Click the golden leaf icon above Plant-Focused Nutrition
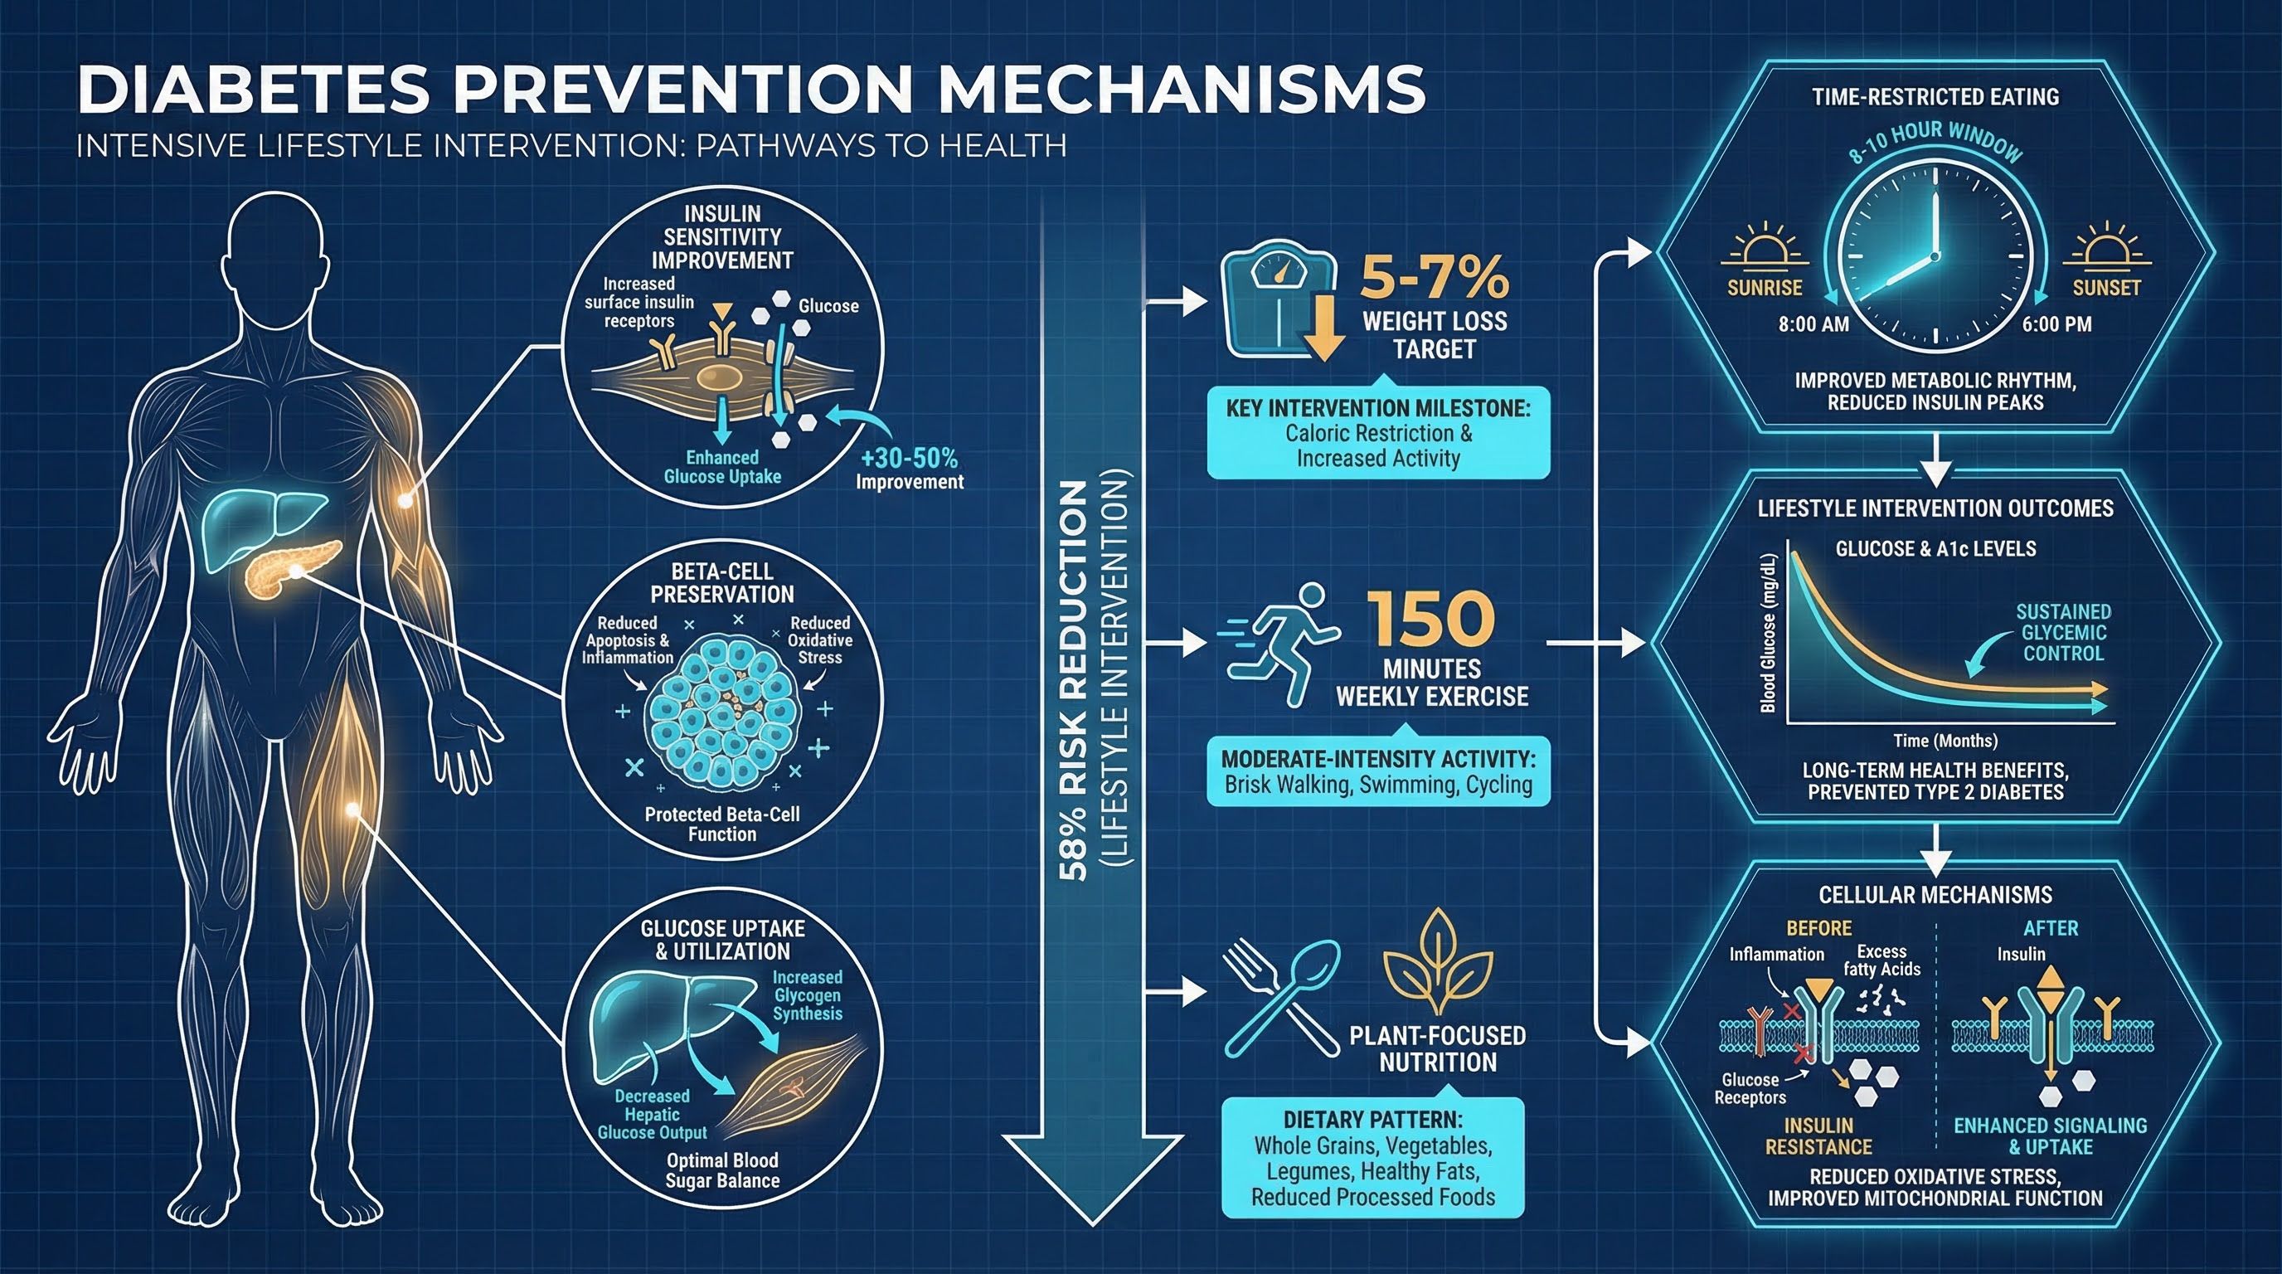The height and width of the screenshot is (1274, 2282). point(1436,966)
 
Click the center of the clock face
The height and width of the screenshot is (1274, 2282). point(1935,256)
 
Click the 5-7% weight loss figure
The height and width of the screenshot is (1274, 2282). point(1435,276)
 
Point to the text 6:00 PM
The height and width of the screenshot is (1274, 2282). point(2056,324)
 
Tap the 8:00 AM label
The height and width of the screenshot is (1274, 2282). point(1813,324)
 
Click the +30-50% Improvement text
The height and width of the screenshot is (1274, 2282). point(910,469)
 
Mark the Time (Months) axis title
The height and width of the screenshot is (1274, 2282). point(1945,741)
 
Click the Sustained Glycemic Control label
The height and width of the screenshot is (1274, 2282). point(2063,633)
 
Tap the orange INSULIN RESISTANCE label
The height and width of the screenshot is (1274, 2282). point(1818,1135)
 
